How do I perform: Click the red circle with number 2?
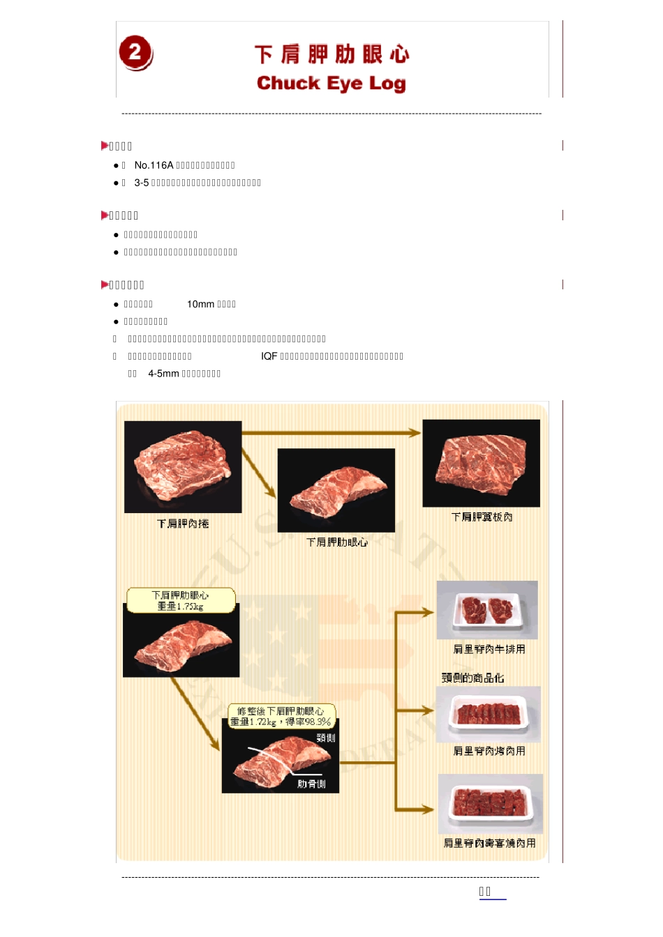click(x=135, y=52)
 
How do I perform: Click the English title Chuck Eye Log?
click(x=331, y=84)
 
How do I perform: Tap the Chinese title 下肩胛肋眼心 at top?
click(x=331, y=54)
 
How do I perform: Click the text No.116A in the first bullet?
click(x=154, y=165)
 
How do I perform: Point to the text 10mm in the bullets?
click(x=200, y=304)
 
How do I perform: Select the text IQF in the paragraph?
click(x=269, y=356)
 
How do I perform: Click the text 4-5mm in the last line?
click(x=163, y=374)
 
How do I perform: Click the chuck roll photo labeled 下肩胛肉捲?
click(x=183, y=466)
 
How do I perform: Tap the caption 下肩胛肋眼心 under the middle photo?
click(x=336, y=542)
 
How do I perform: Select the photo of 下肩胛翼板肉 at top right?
click(x=481, y=463)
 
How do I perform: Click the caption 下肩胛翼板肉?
click(x=482, y=517)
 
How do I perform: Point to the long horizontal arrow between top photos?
click(x=331, y=433)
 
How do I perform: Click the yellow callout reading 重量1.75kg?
click(x=181, y=601)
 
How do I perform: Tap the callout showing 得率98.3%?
click(x=281, y=717)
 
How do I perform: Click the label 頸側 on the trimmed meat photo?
click(x=325, y=738)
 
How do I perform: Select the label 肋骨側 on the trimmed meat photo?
click(x=311, y=784)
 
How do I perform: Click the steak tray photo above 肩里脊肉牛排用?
click(x=487, y=610)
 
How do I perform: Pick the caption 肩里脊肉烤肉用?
click(x=489, y=751)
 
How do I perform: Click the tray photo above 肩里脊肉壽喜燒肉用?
click(x=490, y=804)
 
